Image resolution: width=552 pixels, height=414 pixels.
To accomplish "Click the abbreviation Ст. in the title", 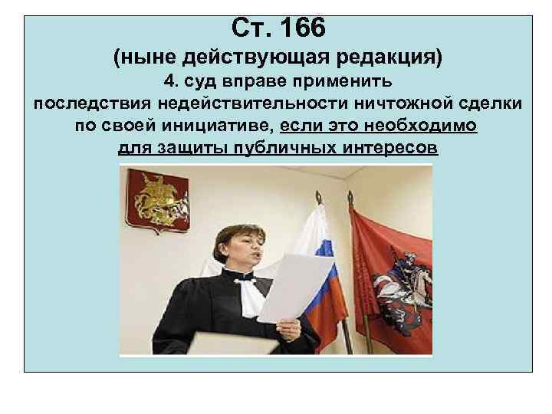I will coord(248,29).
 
